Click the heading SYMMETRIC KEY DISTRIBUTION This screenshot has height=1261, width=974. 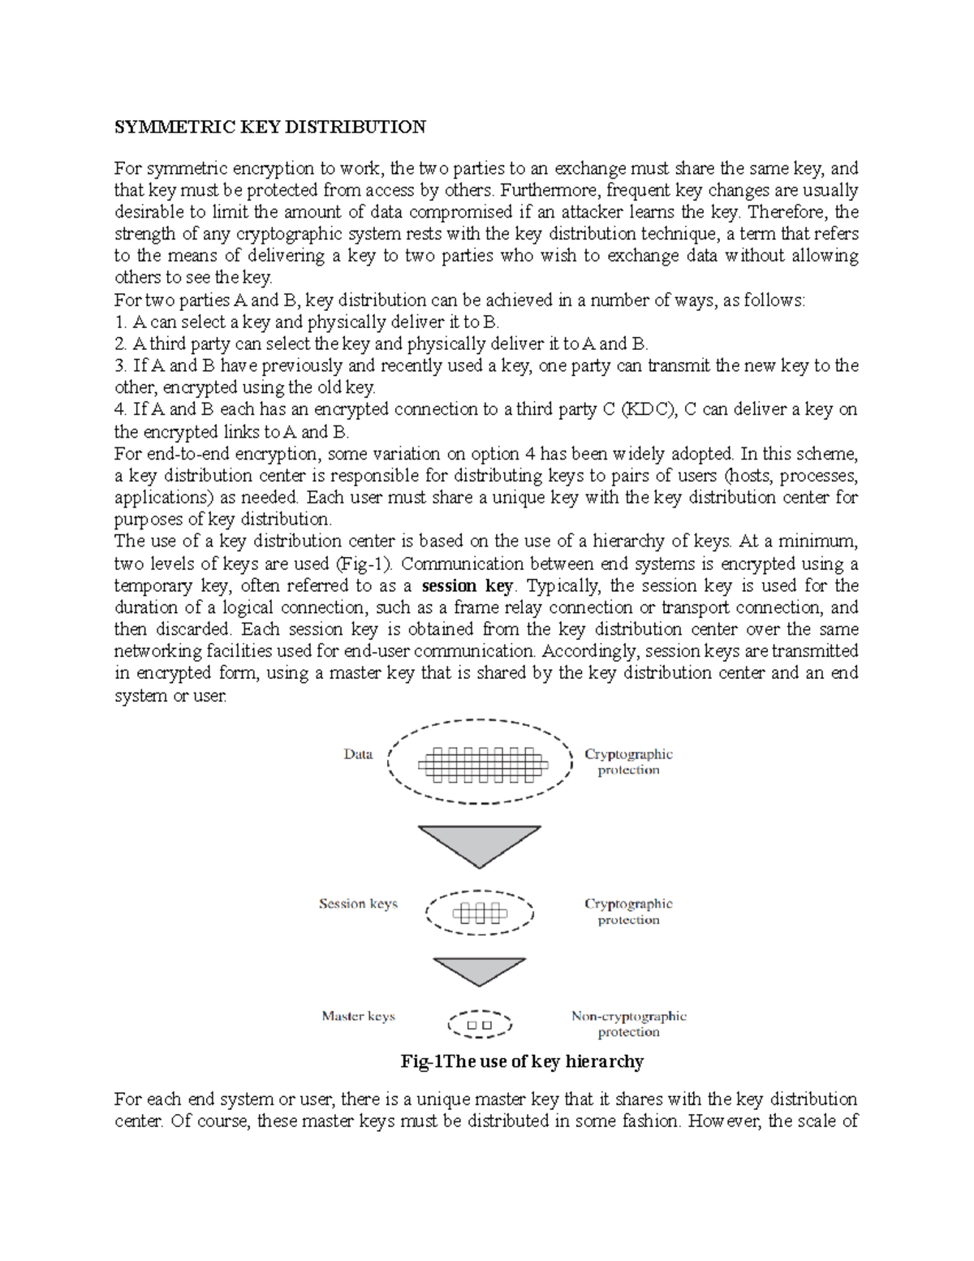(x=269, y=127)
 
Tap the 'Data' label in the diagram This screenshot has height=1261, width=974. (x=358, y=754)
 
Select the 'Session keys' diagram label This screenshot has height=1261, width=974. (x=358, y=904)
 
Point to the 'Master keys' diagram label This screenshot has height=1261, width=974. (x=358, y=1016)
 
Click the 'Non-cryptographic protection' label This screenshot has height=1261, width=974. (x=628, y=1024)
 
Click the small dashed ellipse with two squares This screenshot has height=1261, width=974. (x=480, y=1025)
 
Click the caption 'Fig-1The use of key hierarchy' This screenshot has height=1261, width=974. (x=522, y=1061)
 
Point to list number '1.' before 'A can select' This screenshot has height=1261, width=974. (x=121, y=322)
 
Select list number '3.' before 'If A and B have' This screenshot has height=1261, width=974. (x=121, y=366)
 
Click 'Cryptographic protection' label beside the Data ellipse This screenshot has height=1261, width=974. (x=628, y=762)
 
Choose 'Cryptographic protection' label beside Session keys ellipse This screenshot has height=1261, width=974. (x=628, y=911)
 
